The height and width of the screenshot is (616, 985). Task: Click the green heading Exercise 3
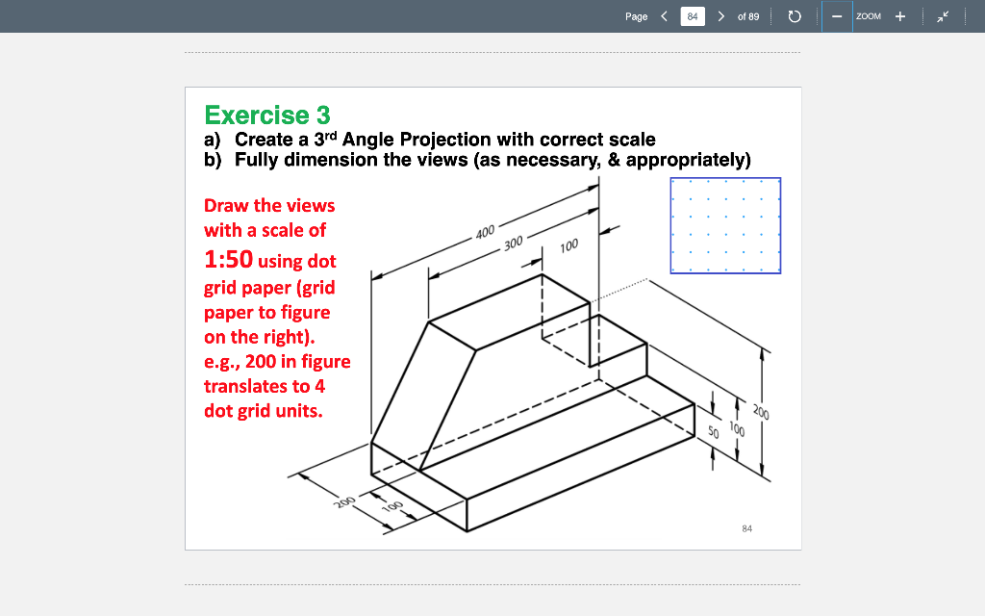266,115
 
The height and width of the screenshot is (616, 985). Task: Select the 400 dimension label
485,231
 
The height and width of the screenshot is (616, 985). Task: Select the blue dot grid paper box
725,225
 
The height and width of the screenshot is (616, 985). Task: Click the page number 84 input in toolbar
692,16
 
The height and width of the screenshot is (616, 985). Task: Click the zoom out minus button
837,16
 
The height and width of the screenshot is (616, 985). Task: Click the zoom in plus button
900,16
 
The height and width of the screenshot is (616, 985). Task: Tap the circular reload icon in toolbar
795,16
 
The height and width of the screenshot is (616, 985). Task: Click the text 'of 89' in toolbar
747,16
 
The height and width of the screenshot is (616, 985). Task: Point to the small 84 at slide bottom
747,527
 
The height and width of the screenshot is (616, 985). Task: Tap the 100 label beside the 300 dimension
568,246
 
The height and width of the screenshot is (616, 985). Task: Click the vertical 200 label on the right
761,413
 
